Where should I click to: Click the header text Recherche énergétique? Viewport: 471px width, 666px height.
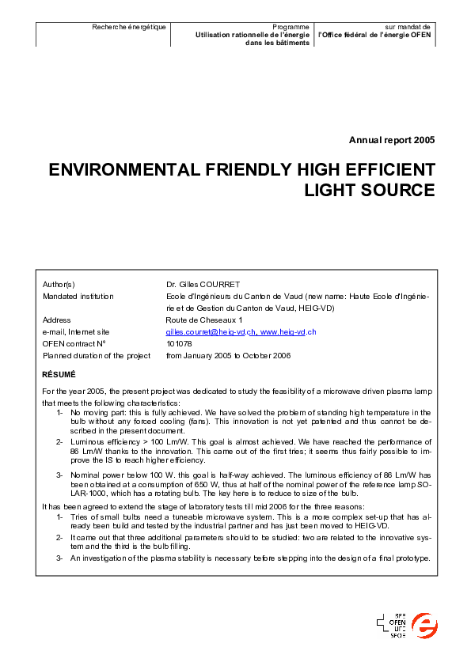129,27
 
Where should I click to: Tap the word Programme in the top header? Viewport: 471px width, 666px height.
291,27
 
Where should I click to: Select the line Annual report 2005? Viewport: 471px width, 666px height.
392,140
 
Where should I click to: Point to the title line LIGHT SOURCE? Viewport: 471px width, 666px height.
370,191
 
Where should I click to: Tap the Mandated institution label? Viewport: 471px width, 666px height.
78,296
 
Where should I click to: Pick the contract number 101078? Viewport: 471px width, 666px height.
179,343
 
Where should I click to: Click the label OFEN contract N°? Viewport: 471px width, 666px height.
74,343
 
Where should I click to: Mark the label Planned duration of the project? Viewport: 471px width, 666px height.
96,355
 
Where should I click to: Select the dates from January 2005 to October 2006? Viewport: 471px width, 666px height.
228,355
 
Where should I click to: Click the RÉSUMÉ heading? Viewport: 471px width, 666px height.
59,373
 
